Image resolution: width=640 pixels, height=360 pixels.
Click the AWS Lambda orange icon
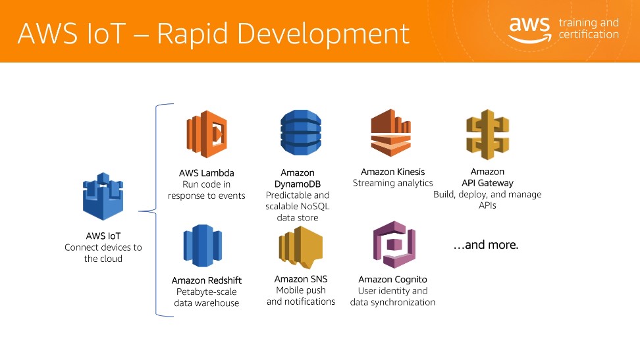click(207, 134)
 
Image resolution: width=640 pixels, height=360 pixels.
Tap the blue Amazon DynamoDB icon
click(301, 133)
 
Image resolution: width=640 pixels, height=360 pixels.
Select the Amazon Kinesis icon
click(390, 133)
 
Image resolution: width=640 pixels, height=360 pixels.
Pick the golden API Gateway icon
click(488, 134)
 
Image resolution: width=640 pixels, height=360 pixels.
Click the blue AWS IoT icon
click(103, 196)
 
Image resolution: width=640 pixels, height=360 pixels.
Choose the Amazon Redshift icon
click(202, 245)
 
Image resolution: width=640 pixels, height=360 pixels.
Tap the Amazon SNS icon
click(301, 247)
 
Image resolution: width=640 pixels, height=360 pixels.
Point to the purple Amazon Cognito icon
click(394, 244)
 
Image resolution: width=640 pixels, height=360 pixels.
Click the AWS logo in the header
click(529, 30)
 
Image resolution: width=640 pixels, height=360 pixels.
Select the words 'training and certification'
click(589, 28)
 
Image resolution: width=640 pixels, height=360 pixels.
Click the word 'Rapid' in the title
click(193, 34)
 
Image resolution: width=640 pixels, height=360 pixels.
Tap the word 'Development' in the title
click(323, 34)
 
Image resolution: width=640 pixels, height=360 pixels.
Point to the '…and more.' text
click(486, 245)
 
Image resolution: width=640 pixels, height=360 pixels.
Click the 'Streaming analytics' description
click(392, 183)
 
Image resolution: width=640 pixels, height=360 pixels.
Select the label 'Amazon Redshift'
click(207, 280)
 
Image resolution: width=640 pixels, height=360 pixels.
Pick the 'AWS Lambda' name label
click(207, 173)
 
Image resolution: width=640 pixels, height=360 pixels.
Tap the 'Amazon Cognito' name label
click(392, 280)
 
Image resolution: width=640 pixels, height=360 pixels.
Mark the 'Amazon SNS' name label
click(301, 279)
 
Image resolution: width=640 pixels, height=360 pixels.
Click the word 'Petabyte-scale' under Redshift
click(207, 292)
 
